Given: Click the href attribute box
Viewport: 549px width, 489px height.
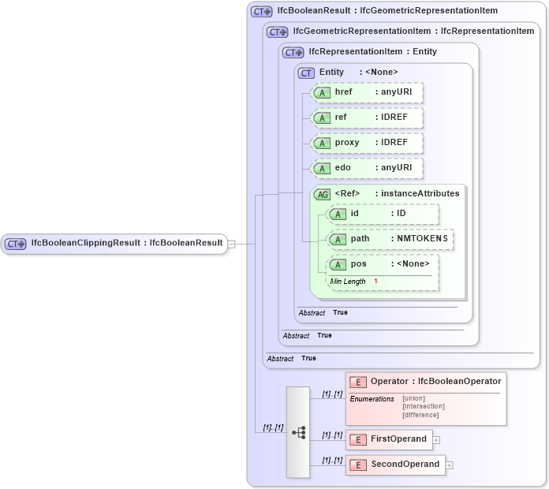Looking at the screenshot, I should click(x=367, y=92).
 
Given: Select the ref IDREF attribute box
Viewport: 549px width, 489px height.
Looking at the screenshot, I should click(x=367, y=118).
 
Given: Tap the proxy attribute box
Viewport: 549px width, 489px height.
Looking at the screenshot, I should click(x=367, y=143).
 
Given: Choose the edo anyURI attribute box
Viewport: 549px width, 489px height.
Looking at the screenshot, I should click(x=367, y=168).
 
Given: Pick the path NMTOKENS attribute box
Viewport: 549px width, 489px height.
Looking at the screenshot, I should click(x=390, y=238).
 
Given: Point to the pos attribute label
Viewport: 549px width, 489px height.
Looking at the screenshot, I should click(x=359, y=264).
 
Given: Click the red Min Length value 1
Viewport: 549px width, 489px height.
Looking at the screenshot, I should click(x=375, y=282).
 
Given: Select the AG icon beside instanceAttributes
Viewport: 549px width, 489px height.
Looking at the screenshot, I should click(x=322, y=194).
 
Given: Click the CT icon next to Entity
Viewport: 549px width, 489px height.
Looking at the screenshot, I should click(x=306, y=73).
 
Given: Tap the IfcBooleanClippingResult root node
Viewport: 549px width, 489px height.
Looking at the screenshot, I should click(x=114, y=244).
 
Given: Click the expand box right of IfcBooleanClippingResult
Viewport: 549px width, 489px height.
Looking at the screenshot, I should click(x=231, y=244).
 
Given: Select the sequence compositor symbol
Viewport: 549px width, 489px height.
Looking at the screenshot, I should click(x=298, y=432).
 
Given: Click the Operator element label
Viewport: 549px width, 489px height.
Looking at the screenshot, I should click(x=389, y=382).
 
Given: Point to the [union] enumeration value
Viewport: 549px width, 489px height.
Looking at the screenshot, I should click(x=414, y=398).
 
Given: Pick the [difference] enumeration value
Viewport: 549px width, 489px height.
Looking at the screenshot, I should click(x=420, y=415).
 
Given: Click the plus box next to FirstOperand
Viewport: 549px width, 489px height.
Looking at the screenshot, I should click(x=436, y=440).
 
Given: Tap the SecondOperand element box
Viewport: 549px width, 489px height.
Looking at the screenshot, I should click(x=395, y=465).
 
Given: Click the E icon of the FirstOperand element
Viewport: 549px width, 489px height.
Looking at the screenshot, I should click(x=357, y=439).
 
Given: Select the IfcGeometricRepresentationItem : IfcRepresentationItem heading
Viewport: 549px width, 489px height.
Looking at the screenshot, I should click(x=413, y=32).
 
